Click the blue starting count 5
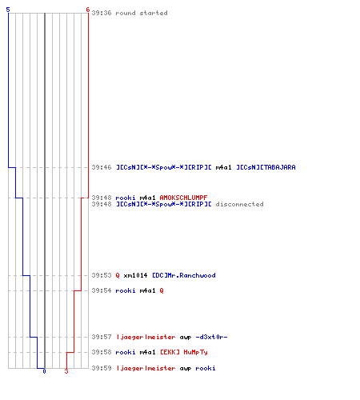[x=8, y=10]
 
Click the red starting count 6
[x=88, y=10]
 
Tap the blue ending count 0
[x=44, y=371]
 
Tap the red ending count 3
[x=66, y=371]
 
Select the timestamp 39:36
[x=102, y=13]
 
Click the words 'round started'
[x=142, y=13]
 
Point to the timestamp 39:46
[x=102, y=167]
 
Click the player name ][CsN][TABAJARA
[x=266, y=167]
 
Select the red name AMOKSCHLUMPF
[x=183, y=198]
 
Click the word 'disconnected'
[x=239, y=204]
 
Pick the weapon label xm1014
[x=135, y=275]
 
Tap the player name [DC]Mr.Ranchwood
[x=184, y=275]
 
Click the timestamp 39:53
[x=102, y=275]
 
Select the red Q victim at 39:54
[x=162, y=290]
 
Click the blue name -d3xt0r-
[x=211, y=337]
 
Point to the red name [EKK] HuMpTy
[x=184, y=352]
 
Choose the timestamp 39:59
[x=102, y=368]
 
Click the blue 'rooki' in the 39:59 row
[x=206, y=368]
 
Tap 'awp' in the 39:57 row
[x=186, y=338]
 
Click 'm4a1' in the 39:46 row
[x=223, y=167]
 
